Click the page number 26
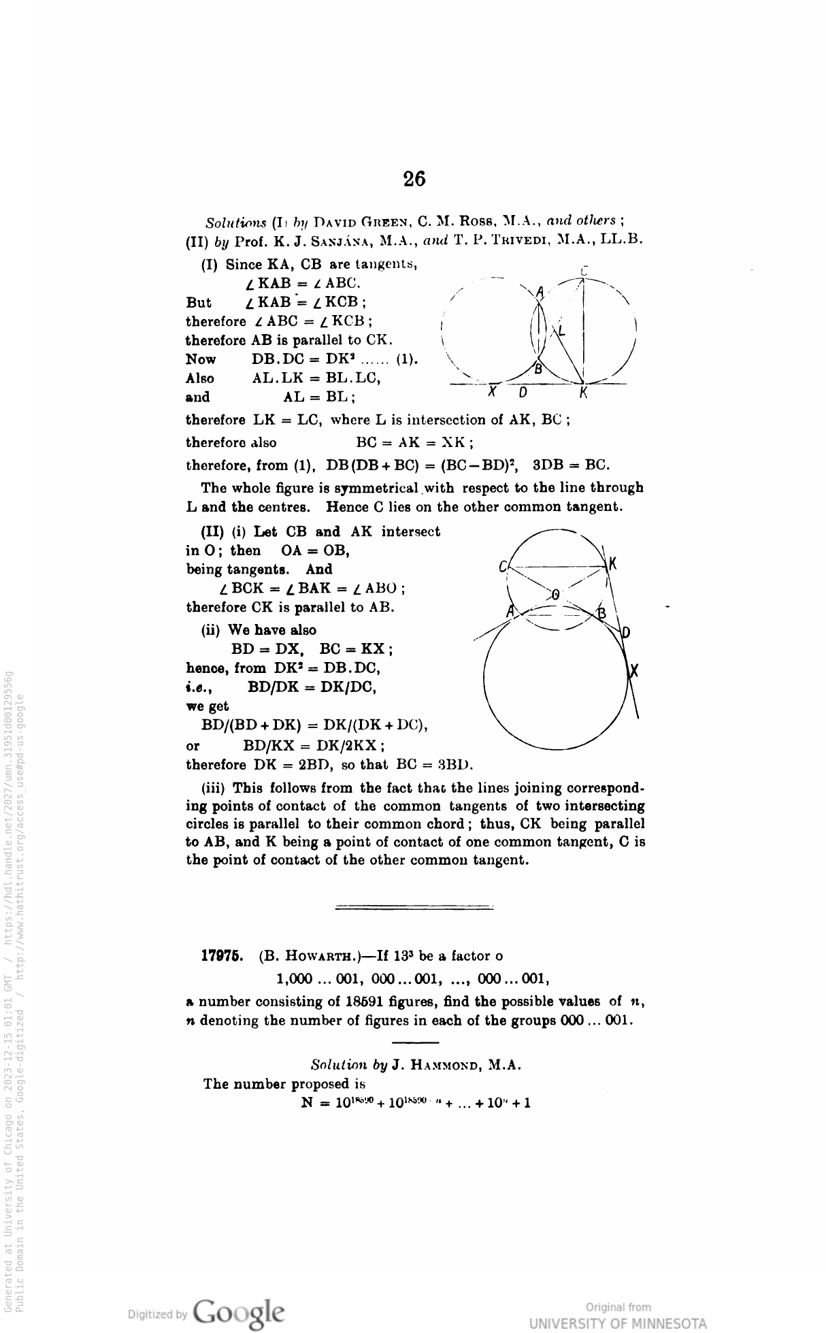tap(414, 179)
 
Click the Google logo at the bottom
tap(238, 1311)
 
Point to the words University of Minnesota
tap(618, 1323)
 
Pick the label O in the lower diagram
tap(556, 594)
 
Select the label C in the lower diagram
tap(502, 566)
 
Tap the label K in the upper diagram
tap(584, 393)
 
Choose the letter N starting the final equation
tap(306, 1102)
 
